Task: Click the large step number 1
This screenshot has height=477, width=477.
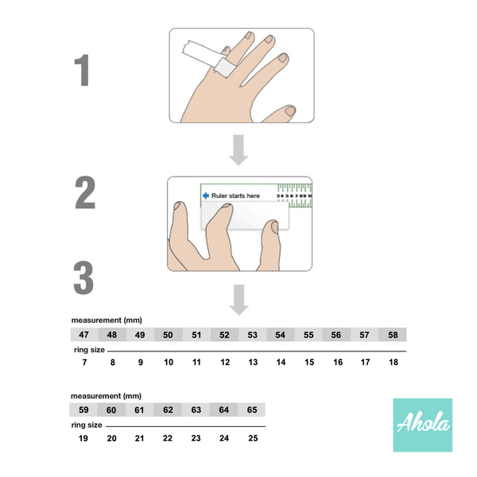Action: [82, 70]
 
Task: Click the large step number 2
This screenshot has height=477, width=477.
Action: [85, 192]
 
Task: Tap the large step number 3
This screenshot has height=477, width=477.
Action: [83, 277]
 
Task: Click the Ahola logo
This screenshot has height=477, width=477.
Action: [423, 425]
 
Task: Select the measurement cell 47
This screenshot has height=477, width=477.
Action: [84, 335]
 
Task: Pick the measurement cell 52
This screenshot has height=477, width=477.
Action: [224, 335]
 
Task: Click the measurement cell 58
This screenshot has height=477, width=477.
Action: [393, 335]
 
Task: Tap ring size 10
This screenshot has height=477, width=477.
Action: [169, 362]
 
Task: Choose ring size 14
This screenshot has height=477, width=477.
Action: [281, 362]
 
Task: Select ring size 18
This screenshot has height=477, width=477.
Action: [394, 362]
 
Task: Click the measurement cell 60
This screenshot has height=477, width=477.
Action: [111, 409]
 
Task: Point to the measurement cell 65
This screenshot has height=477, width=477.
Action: [251, 409]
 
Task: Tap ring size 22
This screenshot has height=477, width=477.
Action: [168, 438]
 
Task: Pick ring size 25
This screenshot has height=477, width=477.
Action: [253, 438]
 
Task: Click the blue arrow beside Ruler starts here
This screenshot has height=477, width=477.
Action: [206, 196]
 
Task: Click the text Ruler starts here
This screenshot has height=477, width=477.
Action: [235, 196]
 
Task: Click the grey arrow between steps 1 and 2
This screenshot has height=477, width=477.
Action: [238, 150]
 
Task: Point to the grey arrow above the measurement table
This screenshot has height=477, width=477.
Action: [238, 300]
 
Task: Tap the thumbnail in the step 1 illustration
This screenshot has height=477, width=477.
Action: [290, 111]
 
